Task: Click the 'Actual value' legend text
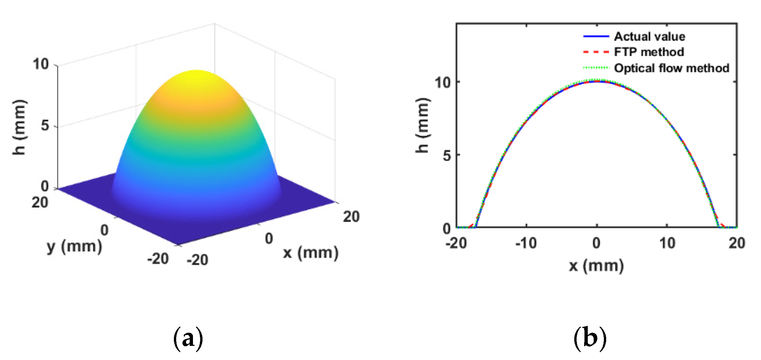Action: pos(650,36)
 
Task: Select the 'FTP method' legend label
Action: pos(649,52)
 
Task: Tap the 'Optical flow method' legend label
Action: pos(671,68)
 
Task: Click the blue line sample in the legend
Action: pos(596,36)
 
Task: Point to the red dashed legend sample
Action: pos(596,52)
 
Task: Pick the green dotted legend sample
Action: pos(596,68)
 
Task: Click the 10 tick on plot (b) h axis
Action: pos(442,82)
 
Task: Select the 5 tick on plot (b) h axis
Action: pos(447,156)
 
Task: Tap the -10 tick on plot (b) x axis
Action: pos(526,244)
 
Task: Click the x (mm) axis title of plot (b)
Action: pos(596,266)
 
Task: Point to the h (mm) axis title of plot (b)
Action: pos(423,125)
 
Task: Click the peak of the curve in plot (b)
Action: pos(597,81)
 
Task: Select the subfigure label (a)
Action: pos(188,339)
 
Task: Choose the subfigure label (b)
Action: pos(590,339)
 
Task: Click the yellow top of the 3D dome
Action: pos(196,75)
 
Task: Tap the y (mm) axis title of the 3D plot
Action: pos(74,247)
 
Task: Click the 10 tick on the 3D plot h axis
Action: pos(40,64)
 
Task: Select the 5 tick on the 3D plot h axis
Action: pos(45,125)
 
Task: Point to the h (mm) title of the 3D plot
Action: pos(19,127)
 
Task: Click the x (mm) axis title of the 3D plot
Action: pos(311,253)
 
